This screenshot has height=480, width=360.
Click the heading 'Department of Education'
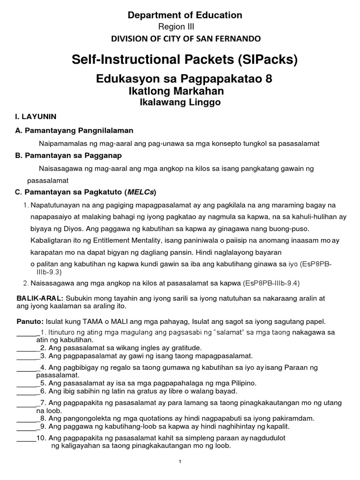coord(185,15)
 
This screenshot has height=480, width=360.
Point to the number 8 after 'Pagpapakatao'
coord(269,79)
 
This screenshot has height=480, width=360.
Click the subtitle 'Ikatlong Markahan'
coord(176,91)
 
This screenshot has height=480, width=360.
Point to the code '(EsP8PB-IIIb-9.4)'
coord(271,283)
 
